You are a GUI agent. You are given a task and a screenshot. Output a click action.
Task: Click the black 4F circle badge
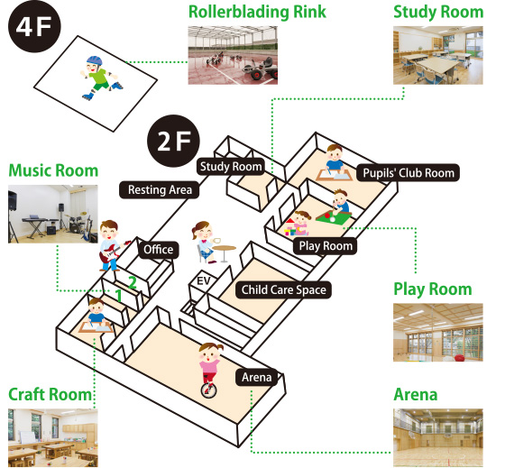(x=34, y=26)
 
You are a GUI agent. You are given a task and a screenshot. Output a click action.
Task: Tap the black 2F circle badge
(x=173, y=141)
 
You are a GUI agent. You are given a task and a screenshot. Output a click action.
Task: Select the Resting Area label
(x=160, y=189)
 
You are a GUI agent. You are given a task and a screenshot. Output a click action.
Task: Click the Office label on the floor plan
(x=159, y=250)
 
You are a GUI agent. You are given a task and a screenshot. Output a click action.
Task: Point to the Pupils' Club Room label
(x=408, y=173)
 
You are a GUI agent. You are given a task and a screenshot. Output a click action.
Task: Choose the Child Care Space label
(x=283, y=289)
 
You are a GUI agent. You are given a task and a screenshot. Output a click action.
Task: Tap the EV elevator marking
(x=204, y=280)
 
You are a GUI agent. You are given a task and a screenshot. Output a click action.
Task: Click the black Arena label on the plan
(x=257, y=377)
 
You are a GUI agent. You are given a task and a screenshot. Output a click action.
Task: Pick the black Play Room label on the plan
(x=326, y=246)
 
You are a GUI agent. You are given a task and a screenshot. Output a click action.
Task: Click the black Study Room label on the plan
(x=231, y=167)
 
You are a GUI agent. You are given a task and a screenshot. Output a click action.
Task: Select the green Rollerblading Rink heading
(x=257, y=12)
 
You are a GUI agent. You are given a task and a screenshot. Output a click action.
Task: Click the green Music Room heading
(x=53, y=170)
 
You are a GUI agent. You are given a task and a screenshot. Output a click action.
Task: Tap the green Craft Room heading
(x=50, y=394)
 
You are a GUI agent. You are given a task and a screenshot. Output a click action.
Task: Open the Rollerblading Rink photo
(x=233, y=55)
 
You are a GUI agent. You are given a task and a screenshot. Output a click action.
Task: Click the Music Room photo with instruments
(x=53, y=214)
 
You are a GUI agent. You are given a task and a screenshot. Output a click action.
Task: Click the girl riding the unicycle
(x=209, y=370)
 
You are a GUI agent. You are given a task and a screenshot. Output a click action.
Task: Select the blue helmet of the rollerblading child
(x=94, y=60)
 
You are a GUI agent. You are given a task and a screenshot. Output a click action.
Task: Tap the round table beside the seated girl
(x=225, y=252)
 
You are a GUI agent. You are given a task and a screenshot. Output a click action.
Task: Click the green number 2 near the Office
(x=133, y=282)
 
